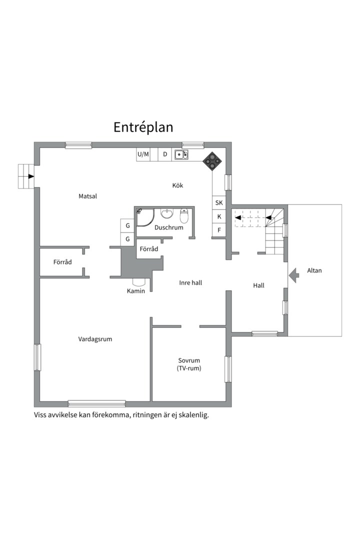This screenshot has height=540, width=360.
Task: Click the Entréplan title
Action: (x=143, y=127)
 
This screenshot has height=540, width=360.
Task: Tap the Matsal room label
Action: (x=87, y=196)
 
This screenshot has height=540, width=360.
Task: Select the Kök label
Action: (x=177, y=185)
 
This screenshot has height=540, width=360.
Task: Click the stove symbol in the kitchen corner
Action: (x=212, y=160)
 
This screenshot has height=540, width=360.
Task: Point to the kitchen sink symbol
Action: (x=181, y=154)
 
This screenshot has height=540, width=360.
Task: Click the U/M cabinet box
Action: (x=143, y=154)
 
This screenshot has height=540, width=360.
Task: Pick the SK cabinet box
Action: (x=219, y=202)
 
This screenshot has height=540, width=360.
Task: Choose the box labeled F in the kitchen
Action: (x=219, y=230)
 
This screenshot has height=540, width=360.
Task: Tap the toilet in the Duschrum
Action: (x=184, y=216)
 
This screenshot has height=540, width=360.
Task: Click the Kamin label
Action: (x=135, y=291)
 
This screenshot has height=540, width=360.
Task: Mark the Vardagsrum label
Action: (x=95, y=339)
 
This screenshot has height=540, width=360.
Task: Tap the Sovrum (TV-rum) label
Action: (x=189, y=364)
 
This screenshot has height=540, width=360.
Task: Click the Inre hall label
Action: (x=190, y=283)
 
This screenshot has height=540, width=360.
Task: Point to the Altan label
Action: (x=314, y=271)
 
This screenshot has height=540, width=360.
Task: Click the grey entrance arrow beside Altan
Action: (x=293, y=275)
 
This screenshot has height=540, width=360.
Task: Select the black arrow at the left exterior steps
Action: (x=31, y=176)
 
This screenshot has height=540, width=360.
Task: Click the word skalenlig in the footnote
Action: (x=192, y=415)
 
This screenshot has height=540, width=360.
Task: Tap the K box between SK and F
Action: (x=219, y=216)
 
